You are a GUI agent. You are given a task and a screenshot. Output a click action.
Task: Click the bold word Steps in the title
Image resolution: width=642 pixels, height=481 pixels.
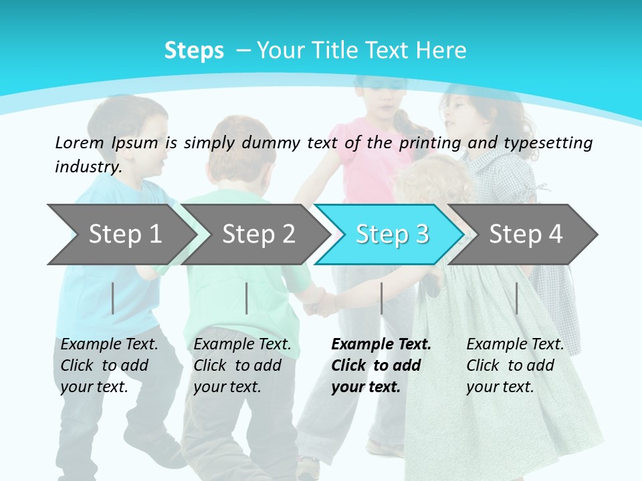(x=194, y=51)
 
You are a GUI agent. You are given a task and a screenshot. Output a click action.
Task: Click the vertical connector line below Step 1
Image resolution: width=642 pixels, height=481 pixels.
(x=113, y=298)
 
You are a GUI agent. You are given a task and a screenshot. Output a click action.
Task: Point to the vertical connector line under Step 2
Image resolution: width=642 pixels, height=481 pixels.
(x=247, y=298)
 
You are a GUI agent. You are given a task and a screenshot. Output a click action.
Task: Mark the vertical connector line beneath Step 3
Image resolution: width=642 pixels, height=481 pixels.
(x=381, y=298)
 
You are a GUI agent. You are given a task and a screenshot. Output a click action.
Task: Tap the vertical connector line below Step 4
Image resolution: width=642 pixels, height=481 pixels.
(x=516, y=298)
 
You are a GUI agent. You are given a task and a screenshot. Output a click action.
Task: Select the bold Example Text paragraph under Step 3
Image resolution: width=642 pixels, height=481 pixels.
(x=381, y=365)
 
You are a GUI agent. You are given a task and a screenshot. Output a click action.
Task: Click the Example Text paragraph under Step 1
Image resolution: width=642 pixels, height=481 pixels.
(x=109, y=365)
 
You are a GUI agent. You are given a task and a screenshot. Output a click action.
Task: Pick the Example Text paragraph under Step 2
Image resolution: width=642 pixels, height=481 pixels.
(x=242, y=365)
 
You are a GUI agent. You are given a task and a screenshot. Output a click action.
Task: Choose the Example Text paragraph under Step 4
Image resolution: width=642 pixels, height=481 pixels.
(x=515, y=365)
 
